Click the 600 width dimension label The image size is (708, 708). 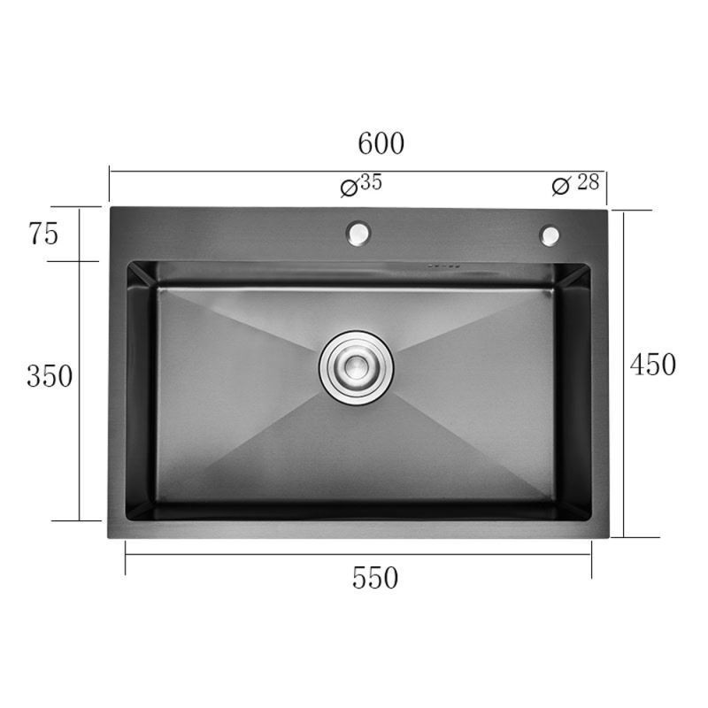point(381,143)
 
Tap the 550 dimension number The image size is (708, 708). point(374,578)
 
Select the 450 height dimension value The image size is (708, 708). point(653,365)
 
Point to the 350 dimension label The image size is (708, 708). point(50,376)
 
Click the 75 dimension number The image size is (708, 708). point(43,234)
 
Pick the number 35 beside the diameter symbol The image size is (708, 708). point(372,181)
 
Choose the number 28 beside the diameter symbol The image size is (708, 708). point(588,182)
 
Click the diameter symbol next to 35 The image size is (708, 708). point(349,188)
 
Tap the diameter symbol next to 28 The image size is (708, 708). point(561,186)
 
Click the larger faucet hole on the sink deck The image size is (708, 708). point(358,234)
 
